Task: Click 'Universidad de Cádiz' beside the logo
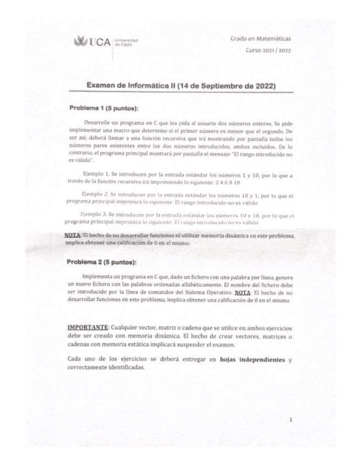(x=127, y=43)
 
